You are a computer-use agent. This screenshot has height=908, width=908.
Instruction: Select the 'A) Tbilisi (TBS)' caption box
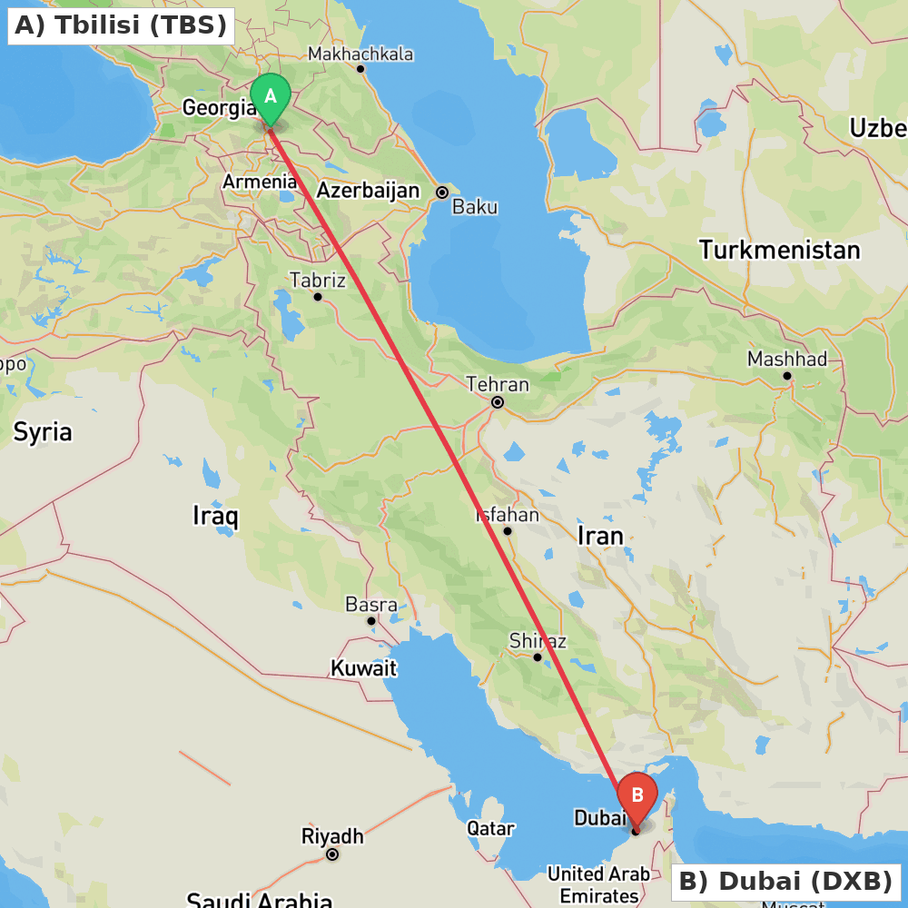click(121, 25)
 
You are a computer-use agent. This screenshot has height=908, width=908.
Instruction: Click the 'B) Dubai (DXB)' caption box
click(785, 881)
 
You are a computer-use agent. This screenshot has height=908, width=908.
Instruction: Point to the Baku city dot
click(442, 192)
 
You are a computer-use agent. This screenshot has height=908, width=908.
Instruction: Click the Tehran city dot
click(498, 402)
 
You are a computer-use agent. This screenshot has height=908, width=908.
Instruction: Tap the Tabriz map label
click(317, 280)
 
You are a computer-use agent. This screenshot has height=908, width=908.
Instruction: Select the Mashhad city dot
click(787, 376)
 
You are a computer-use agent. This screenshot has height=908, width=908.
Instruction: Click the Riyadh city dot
click(333, 854)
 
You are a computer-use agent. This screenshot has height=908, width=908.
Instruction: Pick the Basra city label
click(370, 605)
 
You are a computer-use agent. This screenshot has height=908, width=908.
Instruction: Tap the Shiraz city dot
click(538, 657)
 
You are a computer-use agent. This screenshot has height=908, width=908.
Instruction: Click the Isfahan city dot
click(508, 531)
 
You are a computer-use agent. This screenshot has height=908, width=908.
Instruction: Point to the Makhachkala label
click(360, 54)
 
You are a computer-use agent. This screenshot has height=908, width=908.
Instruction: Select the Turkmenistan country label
click(779, 250)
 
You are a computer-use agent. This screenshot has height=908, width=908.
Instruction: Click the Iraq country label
click(215, 517)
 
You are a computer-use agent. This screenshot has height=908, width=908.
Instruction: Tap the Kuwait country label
click(363, 668)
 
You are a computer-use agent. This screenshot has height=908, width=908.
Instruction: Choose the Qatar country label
click(490, 828)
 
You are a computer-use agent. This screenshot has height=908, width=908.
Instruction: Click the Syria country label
click(42, 432)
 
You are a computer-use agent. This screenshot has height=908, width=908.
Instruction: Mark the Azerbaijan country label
click(368, 191)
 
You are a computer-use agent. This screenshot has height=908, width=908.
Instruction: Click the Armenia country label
click(260, 182)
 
